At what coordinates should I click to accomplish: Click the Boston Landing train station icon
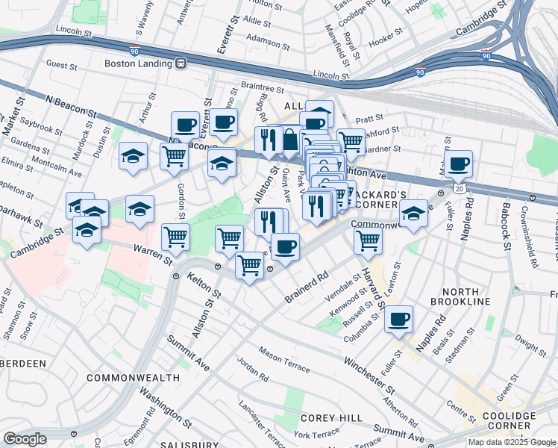(x=181, y=64)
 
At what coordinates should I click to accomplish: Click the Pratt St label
(x=369, y=118)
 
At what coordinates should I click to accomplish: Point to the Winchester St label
(x=369, y=375)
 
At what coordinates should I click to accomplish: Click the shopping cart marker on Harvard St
(x=368, y=240)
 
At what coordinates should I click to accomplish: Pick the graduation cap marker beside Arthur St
(x=133, y=156)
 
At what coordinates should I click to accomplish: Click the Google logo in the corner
(x=26, y=438)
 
